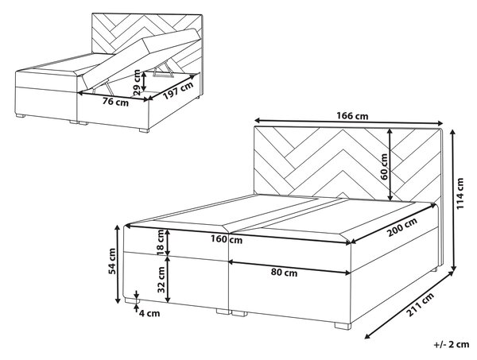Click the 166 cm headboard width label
352,116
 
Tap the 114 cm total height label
460,193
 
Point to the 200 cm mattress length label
402,227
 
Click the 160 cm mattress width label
227,239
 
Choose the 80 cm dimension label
284,273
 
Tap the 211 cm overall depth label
421,304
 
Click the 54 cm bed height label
112,261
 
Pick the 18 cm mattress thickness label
160,242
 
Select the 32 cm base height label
161,280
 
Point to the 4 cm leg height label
149,313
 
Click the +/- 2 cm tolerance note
452,344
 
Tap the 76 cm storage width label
115,103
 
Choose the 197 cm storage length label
178,91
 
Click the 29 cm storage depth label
138,82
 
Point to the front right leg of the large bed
343,326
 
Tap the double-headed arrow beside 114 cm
454,199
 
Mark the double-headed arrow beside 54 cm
118,264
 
